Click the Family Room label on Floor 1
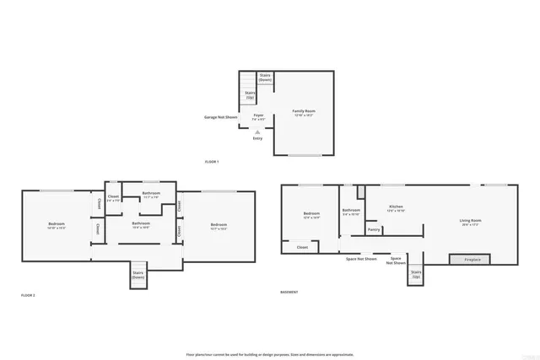tap(303, 112)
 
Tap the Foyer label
tap(258, 116)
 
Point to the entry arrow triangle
tap(257, 132)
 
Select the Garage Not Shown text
tap(220, 117)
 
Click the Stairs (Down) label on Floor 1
tap(264, 78)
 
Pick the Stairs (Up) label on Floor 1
tap(250, 96)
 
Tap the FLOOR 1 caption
tap(212, 161)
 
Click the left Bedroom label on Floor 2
tap(57, 225)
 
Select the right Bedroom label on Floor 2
tap(219, 225)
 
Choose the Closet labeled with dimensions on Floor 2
tap(113, 198)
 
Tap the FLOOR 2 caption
tap(28, 295)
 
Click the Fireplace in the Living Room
tap(472, 259)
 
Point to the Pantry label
tap(374, 229)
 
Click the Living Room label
tap(470, 223)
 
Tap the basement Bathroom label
tap(351, 212)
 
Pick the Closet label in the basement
tap(302, 247)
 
